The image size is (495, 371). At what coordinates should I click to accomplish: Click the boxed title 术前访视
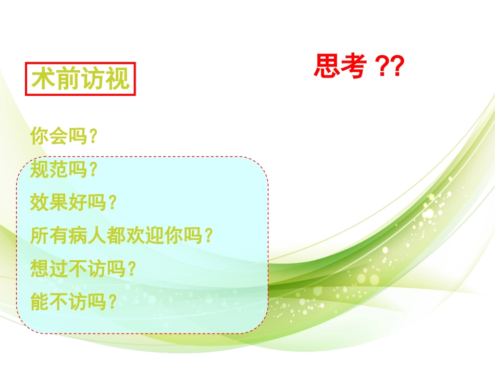click(80, 80)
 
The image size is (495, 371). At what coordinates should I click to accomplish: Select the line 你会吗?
click(64, 137)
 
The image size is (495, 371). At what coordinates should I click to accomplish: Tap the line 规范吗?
click(64, 170)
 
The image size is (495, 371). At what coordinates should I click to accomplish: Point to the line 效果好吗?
click(73, 203)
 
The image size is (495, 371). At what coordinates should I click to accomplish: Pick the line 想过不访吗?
click(83, 269)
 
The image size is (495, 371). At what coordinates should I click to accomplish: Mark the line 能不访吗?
click(73, 302)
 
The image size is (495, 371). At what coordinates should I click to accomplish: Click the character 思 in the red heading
click(327, 67)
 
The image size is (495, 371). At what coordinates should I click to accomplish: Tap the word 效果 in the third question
click(49, 203)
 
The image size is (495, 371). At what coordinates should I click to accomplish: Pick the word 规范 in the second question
click(49, 170)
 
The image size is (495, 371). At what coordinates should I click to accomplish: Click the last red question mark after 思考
click(397, 67)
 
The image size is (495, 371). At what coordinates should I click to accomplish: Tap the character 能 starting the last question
click(40, 302)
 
